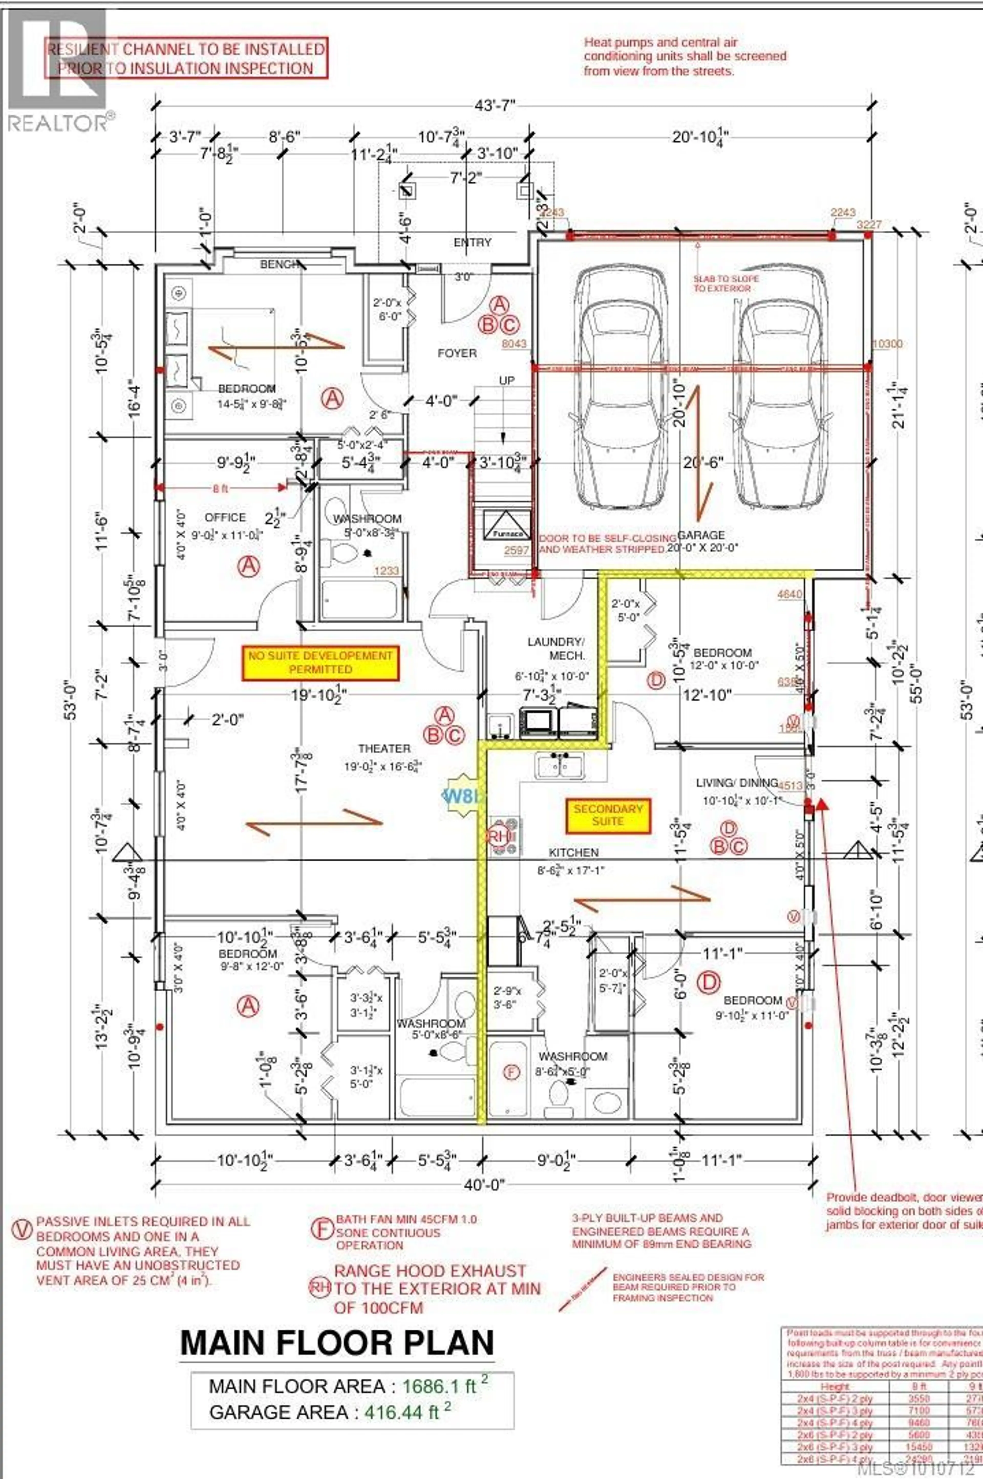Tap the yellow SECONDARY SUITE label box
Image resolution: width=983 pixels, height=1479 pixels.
click(x=607, y=815)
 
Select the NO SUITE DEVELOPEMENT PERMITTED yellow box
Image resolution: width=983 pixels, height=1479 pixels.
click(x=320, y=662)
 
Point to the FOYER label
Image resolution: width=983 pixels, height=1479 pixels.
click(x=457, y=353)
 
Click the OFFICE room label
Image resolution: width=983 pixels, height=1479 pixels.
click(x=225, y=517)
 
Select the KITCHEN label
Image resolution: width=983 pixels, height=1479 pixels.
click(x=574, y=852)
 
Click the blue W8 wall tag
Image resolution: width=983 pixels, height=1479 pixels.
click(x=463, y=796)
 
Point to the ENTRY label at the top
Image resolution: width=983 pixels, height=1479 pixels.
click(x=473, y=243)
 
